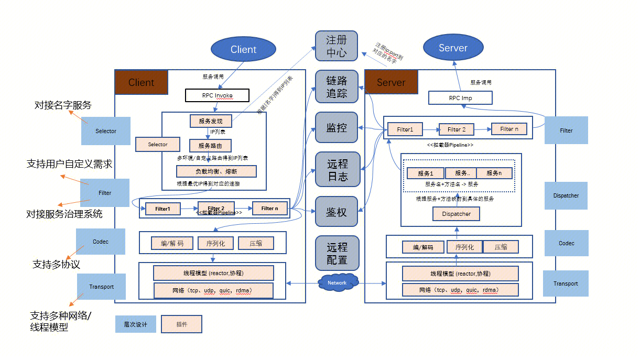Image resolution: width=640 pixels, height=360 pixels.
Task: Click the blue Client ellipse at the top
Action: pyautogui.click(x=243, y=49)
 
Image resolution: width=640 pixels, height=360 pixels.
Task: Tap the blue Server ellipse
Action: pyautogui.click(x=453, y=48)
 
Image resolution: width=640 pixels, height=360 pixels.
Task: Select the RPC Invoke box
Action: pyautogui.click(x=217, y=95)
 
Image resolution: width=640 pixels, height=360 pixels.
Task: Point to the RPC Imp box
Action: pyautogui.click(x=460, y=97)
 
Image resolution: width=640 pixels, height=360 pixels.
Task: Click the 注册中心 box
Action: pyautogui.click(x=337, y=46)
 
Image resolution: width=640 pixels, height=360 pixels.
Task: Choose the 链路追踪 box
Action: pyautogui.click(x=337, y=86)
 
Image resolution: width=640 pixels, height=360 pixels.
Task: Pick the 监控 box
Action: pyautogui.click(x=337, y=127)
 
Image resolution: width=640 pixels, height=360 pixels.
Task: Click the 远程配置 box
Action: pyautogui.click(x=337, y=253)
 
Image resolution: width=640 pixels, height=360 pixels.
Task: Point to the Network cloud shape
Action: pyautogui.click(x=337, y=282)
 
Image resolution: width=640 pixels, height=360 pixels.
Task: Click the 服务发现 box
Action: pyautogui.click(x=210, y=121)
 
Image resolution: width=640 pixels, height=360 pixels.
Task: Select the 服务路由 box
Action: pyautogui.click(x=210, y=145)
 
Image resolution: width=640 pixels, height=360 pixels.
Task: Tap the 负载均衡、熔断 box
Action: pyautogui.click(x=216, y=171)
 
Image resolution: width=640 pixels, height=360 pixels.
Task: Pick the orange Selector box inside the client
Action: pyautogui.click(x=158, y=145)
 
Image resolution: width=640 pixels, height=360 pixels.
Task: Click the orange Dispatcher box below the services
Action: pyautogui.click(x=456, y=214)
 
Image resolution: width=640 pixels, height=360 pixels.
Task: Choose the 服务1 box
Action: pyautogui.click(x=425, y=173)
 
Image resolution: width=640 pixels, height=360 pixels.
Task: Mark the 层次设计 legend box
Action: pyautogui.click(x=135, y=324)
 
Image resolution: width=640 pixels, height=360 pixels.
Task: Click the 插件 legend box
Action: pyautogui.click(x=181, y=324)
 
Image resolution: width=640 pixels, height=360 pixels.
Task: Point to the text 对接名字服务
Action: pyautogui.click(x=63, y=105)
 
